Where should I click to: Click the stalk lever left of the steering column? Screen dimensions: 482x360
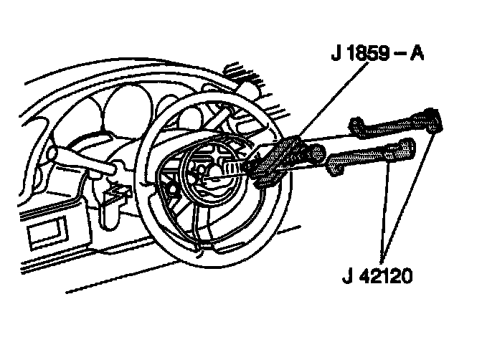click(79, 164)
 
